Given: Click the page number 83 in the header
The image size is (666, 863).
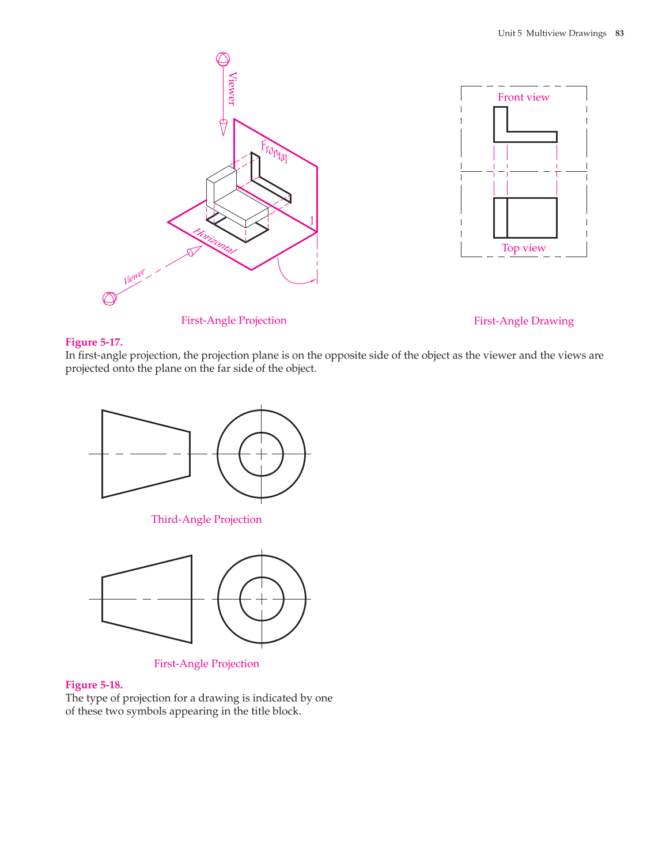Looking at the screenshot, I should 619,33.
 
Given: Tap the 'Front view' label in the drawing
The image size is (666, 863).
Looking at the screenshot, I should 523,97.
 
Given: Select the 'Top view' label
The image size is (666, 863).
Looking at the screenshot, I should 523,248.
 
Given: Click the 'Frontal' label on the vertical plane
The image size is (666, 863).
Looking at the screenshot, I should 274,151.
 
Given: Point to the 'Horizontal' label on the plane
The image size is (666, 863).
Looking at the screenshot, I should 214,241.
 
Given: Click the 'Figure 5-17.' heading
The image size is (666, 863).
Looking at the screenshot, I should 94,342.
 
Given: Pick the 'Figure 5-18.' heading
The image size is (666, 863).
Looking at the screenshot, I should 94,685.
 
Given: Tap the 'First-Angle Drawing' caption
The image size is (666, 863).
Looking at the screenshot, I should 523,321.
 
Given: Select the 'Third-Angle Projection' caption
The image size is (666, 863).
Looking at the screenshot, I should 206,519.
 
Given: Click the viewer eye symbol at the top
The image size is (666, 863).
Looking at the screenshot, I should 223,59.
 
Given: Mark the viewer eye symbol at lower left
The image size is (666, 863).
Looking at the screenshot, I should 109,299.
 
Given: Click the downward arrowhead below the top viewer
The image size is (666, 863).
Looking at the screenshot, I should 224,127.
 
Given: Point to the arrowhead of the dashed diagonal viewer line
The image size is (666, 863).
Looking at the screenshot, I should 195,251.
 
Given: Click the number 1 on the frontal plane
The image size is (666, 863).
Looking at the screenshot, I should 312,221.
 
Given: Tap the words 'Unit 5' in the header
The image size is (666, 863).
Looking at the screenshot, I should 510,33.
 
